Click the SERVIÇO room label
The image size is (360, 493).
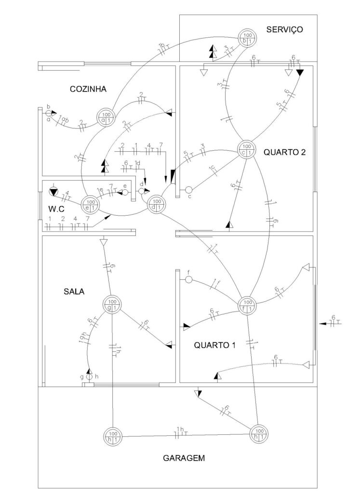[x=284, y=30]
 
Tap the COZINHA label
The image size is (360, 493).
[x=88, y=89]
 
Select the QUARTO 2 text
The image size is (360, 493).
[x=285, y=153]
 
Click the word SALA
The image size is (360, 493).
[x=74, y=291]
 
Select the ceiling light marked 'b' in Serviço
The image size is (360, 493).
[x=247, y=39]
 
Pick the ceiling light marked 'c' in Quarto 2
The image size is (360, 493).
[x=246, y=150]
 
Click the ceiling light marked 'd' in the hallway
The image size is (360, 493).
[x=156, y=205]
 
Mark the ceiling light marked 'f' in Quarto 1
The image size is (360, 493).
[x=247, y=305]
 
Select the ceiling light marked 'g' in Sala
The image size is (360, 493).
[x=112, y=304]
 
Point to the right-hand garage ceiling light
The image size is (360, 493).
[x=259, y=433]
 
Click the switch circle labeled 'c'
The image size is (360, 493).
[x=189, y=190]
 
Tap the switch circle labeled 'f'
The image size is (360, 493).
[x=189, y=280]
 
